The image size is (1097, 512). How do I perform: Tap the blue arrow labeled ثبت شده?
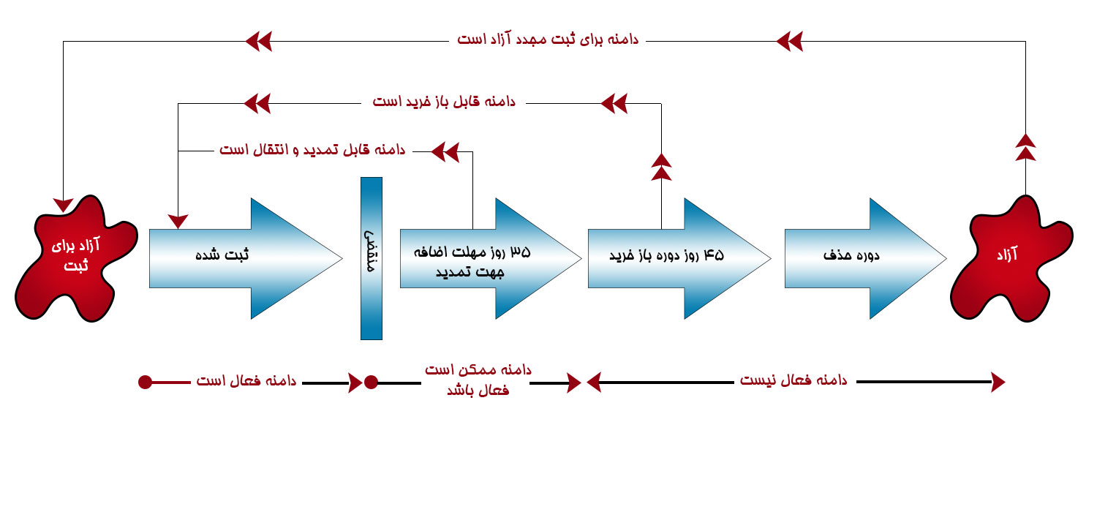pos(245,258)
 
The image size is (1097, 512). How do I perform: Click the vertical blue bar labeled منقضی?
pos(372,258)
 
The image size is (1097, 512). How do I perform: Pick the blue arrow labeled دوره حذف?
pos(865,258)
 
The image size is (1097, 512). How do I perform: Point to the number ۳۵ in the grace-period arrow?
pos(520,252)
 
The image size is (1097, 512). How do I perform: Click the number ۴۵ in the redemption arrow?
pos(714,255)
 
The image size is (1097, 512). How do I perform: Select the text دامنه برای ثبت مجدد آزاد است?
pos(548,39)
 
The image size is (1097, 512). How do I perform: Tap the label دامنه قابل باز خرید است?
pos(444,102)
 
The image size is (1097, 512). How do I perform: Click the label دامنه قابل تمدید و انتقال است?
pos(312,149)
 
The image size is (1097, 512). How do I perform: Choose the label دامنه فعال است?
pos(246,380)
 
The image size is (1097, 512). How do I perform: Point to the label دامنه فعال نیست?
pos(793,380)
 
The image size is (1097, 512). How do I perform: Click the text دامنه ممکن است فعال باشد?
pos(478,380)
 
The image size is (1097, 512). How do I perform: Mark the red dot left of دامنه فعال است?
pos(145,382)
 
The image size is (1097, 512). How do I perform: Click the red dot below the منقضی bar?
pos(372,382)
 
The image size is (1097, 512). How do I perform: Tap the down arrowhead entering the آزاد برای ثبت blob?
pos(63,205)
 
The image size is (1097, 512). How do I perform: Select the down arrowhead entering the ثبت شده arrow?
pos(178,221)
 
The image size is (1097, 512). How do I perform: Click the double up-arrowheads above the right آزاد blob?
pos(1025,147)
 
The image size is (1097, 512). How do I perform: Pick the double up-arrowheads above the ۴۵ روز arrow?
pos(661,167)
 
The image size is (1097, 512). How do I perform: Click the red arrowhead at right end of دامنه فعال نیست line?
pos(998,382)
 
